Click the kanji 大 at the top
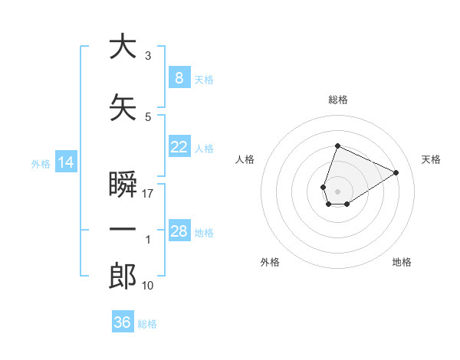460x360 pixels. click(123, 47)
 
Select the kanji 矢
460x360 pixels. click(123, 107)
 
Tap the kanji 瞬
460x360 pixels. click(123, 185)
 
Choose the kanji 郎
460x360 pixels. click(123, 277)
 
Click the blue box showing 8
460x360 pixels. click(179, 78)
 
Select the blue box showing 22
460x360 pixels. click(179, 147)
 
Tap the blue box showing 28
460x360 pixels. click(179, 231)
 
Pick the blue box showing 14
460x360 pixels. click(65, 162)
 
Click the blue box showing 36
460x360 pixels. click(122, 322)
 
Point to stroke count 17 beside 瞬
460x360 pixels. click(148, 194)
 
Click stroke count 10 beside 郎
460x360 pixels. click(148, 286)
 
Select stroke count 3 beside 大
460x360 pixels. click(148, 56)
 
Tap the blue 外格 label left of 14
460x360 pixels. click(41, 163)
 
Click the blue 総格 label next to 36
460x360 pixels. click(147, 323)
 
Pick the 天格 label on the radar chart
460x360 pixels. click(432, 159)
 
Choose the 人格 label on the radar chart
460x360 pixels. click(245, 159)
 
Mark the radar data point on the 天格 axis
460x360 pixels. click(396, 172)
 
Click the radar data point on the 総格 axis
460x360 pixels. click(337, 146)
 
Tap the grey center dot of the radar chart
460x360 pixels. click(337, 191)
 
